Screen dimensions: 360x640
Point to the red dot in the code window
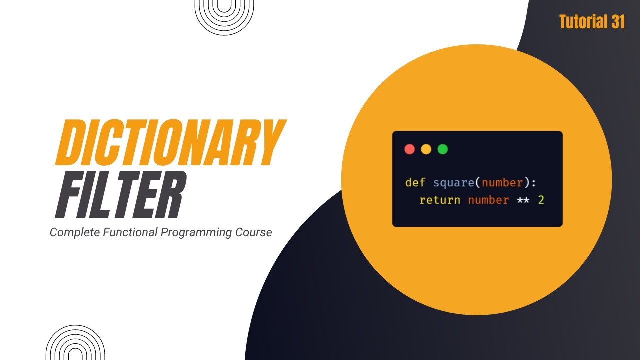coord(409,149)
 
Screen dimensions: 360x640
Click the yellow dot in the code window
coord(426,149)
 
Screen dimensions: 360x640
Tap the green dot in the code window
coord(442,149)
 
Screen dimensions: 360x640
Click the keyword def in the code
coord(415,183)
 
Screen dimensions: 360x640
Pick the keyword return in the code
coord(440,200)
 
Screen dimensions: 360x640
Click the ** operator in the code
coord(523,200)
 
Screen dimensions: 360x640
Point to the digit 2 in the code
coord(541,200)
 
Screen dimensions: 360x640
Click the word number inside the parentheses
coord(502,183)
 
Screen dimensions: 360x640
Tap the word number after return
coord(488,200)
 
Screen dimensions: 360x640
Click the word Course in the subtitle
coord(254,232)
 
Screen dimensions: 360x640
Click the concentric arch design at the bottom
coord(75,344)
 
